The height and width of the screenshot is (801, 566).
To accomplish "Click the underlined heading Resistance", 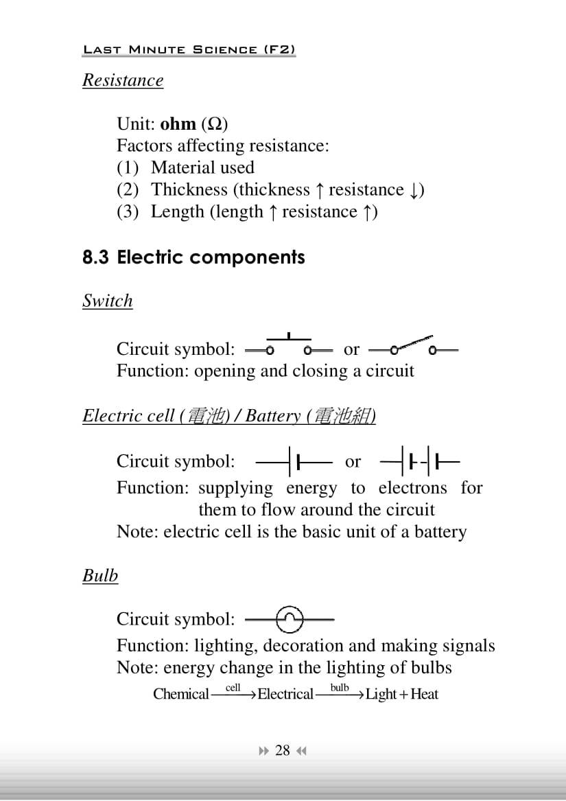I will (x=123, y=80).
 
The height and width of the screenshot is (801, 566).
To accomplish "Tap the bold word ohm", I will (x=178, y=124).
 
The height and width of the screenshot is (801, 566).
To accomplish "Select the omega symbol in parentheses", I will (x=215, y=124).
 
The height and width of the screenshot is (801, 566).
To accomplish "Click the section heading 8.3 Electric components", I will (x=193, y=257).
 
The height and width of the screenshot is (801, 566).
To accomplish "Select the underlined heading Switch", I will (x=107, y=301).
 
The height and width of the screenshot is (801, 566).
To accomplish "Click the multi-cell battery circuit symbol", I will (x=419, y=461).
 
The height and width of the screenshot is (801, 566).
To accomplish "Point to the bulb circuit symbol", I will (x=290, y=620).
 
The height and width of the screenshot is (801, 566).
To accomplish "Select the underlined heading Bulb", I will (x=100, y=575).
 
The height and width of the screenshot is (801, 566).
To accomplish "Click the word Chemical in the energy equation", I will (x=181, y=694).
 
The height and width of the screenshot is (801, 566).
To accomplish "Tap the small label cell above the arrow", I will (x=233, y=687).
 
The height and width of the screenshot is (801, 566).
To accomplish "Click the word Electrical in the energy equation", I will (x=285, y=694).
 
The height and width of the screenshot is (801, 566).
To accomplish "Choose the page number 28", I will (x=283, y=750).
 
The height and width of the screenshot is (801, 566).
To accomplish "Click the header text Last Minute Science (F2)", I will (x=189, y=49).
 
